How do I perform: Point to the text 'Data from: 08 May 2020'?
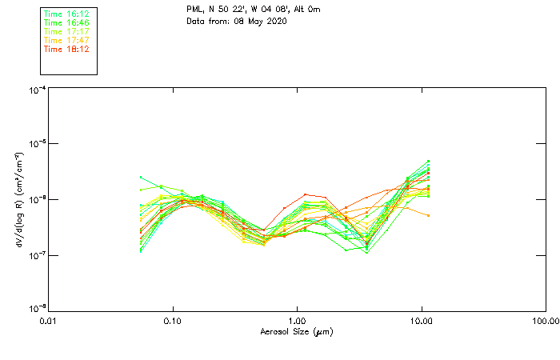pyautogui.click(x=236, y=21)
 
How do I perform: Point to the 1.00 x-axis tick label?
pyautogui.click(x=297, y=320)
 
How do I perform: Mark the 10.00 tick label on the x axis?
pyautogui.click(x=421, y=320)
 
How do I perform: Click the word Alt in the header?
pyautogui.click(x=268, y=10)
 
